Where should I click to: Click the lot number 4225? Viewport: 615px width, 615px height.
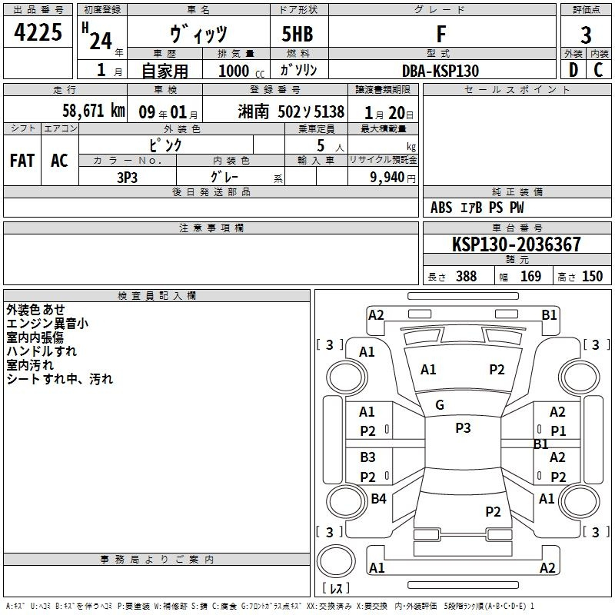point(38,32)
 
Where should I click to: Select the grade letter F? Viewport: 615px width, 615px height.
point(441,34)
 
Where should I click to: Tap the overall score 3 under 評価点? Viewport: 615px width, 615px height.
point(586,35)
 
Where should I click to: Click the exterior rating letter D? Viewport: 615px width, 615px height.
point(573,70)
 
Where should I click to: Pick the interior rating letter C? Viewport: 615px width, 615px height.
point(598,70)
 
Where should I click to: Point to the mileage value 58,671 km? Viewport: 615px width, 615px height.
point(94,111)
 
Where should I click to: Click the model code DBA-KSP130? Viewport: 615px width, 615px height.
point(440,71)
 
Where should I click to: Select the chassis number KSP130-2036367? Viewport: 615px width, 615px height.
point(516,244)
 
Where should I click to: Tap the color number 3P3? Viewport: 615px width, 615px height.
point(127,178)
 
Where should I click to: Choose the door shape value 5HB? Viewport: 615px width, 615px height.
point(298,34)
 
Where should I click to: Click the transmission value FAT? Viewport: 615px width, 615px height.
point(22,161)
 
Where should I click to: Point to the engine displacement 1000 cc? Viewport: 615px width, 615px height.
point(241,71)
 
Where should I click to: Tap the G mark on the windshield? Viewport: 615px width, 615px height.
point(440,405)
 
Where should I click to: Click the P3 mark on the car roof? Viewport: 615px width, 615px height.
point(463,428)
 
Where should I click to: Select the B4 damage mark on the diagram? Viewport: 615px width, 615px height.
point(378,498)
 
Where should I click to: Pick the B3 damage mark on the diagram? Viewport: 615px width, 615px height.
point(367,457)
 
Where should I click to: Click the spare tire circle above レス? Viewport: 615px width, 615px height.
point(336,561)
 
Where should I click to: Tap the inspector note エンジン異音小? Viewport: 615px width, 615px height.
point(47,324)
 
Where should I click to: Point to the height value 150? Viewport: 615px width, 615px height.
point(592,276)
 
